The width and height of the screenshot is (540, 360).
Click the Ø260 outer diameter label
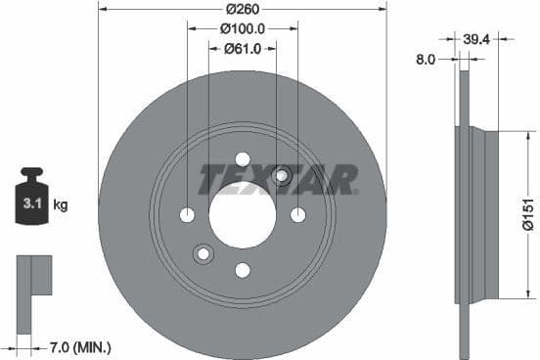pyautogui.click(x=242, y=9)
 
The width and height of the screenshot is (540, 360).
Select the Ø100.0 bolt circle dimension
pyautogui.click(x=242, y=28)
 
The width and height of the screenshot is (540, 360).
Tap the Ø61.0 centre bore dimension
pyautogui.click(x=242, y=48)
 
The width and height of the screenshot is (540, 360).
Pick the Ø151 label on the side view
pyautogui.click(x=526, y=212)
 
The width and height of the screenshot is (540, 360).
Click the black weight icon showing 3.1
pyautogui.click(x=31, y=200)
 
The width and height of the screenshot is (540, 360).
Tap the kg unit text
pyautogui.click(x=60, y=204)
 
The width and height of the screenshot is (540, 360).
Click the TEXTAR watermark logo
pyautogui.click(x=278, y=179)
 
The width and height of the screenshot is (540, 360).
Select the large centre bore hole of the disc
pyautogui.click(x=242, y=214)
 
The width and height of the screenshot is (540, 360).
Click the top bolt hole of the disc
pyautogui.click(x=243, y=159)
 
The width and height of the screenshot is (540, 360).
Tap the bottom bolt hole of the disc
pyautogui.click(x=243, y=270)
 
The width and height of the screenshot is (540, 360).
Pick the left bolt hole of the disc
pyautogui.click(x=187, y=215)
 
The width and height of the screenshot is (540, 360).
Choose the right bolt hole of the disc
pyautogui.click(x=297, y=215)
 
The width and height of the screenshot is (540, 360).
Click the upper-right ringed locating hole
pyautogui.click(x=282, y=176)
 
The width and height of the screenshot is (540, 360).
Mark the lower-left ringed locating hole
pyautogui.click(x=203, y=254)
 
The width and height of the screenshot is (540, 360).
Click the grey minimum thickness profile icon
pyautogui.click(x=35, y=278)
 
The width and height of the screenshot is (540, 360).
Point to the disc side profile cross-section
pyautogui.click(x=461, y=214)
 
